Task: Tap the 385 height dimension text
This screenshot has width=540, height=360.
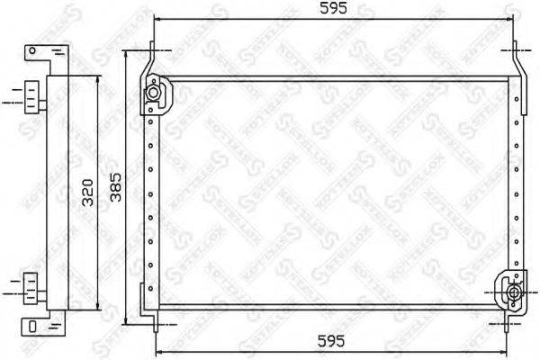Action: [115, 191]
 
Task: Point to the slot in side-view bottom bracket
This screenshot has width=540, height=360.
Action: [31, 325]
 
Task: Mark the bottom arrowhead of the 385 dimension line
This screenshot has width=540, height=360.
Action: [126, 328]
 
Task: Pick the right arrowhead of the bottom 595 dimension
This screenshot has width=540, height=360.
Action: [513, 351]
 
